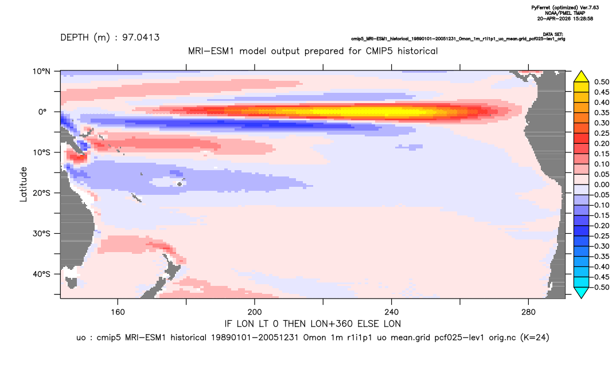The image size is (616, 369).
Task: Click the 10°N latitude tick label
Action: [41, 71]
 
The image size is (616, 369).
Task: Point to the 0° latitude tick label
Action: [42, 112]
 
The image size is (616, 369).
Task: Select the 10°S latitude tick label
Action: [41, 152]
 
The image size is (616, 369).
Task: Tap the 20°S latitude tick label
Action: [41, 193]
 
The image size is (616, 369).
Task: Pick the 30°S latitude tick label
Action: [41, 233]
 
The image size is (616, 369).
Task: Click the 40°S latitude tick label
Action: [41, 274]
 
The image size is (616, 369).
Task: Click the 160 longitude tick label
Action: [118, 312]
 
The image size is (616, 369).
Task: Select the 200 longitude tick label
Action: [255, 312]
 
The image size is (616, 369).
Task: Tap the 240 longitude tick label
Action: [392, 312]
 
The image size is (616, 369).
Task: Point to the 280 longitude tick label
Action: [528, 312]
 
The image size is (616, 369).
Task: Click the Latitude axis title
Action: [24, 185]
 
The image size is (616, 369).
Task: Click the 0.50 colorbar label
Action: [602, 82]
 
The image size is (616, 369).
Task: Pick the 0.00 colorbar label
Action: [602, 185]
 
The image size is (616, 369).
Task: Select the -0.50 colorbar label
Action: [601, 287]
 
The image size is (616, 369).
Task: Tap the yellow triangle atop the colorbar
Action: [582, 77]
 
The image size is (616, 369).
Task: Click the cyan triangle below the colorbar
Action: [582, 292]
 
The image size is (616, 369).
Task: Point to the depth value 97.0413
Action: [141, 37]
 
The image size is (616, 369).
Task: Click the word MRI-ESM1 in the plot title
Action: [212, 51]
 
